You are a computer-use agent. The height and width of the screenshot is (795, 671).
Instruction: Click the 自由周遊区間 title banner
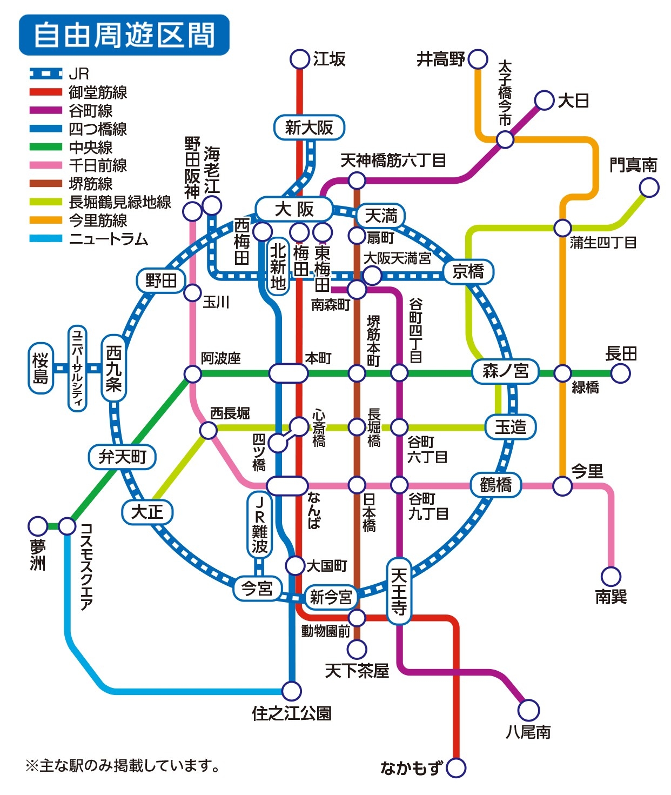click(x=124, y=35)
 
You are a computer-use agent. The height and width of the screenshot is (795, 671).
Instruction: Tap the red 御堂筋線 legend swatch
click(x=46, y=92)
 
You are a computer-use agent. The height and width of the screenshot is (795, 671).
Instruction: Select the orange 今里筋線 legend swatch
click(x=46, y=220)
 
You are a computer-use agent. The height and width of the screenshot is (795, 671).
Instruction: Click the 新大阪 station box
click(x=309, y=127)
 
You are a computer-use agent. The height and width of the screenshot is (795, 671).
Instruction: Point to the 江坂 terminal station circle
click(x=299, y=59)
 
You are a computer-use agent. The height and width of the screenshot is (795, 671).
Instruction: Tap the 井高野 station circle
click(x=478, y=59)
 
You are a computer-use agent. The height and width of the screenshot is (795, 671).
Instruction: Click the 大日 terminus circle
click(x=544, y=101)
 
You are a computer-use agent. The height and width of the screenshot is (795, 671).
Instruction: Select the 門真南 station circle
click(x=649, y=188)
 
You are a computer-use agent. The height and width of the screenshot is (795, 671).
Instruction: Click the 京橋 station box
click(x=468, y=272)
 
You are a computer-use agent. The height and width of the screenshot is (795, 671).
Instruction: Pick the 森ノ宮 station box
click(x=505, y=371)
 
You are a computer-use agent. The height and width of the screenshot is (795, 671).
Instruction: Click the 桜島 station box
click(x=41, y=368)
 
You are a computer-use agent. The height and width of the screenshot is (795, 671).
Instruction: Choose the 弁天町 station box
click(x=122, y=457)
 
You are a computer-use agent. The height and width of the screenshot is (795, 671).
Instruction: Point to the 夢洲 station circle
click(x=38, y=526)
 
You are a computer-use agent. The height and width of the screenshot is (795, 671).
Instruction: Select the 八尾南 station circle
click(x=529, y=711)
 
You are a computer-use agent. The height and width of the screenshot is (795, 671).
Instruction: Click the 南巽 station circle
click(x=611, y=577)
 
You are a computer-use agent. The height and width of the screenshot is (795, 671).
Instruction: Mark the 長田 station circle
click(x=621, y=373)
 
